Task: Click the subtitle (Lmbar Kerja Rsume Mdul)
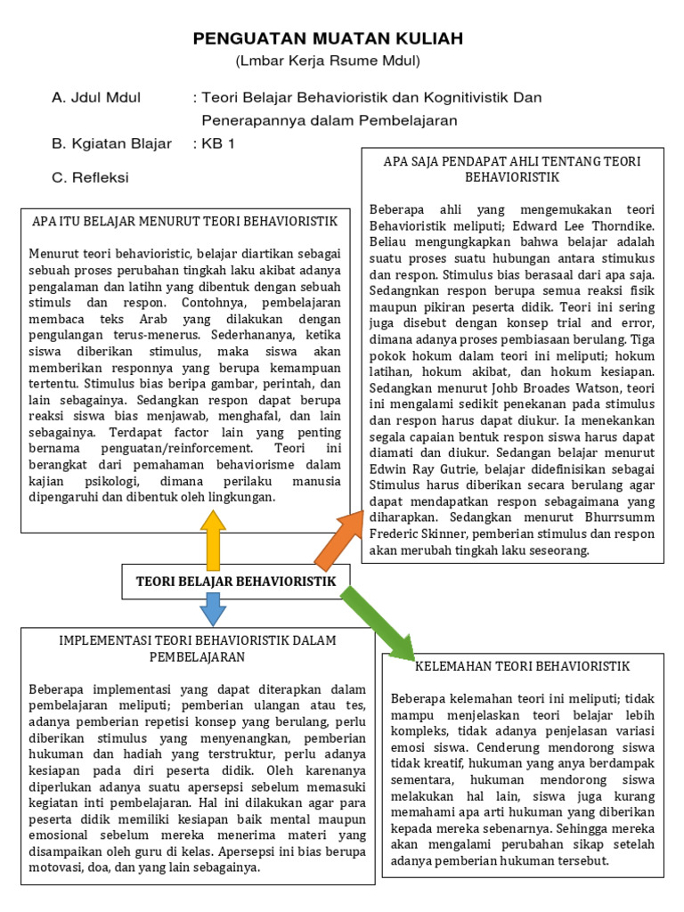pyautogui.click(x=327, y=61)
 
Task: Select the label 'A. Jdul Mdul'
pyautogui.click(x=102, y=96)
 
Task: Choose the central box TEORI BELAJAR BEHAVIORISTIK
pyautogui.click(x=236, y=582)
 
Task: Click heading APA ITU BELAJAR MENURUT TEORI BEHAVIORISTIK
pyautogui.click(x=185, y=221)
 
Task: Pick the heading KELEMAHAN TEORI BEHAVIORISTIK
pyautogui.click(x=523, y=665)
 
